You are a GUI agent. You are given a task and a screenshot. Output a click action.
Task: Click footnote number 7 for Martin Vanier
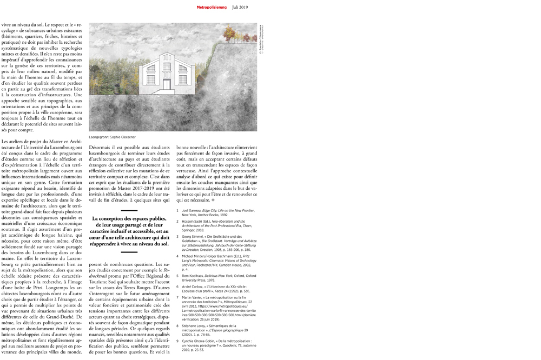click(x=177, y=298)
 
